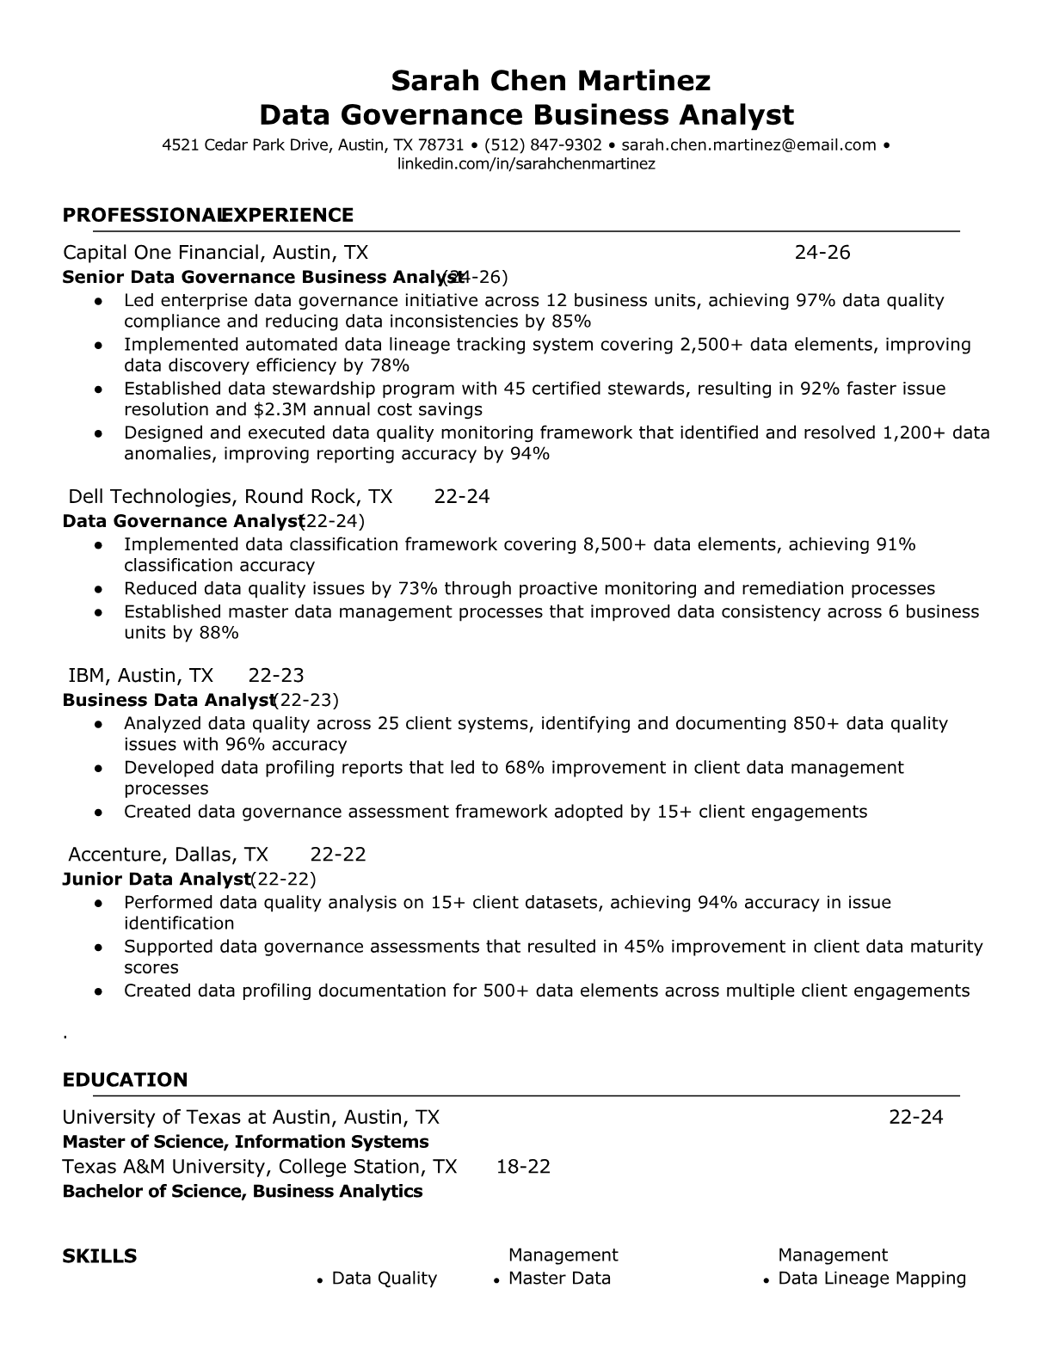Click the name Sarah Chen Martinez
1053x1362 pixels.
click(x=551, y=81)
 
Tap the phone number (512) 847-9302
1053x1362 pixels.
click(x=543, y=145)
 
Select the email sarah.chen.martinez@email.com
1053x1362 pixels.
click(x=748, y=145)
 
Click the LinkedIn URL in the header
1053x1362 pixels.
click(x=526, y=164)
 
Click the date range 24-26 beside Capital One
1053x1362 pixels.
click(x=822, y=253)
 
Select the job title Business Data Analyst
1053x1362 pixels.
click(x=168, y=701)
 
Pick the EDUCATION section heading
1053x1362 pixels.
click(x=125, y=1081)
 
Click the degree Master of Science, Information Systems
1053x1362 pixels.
click(x=245, y=1143)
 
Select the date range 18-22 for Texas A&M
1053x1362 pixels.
click(x=523, y=1167)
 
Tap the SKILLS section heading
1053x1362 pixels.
click(x=100, y=1257)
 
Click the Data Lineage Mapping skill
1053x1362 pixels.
click(x=871, y=1279)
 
